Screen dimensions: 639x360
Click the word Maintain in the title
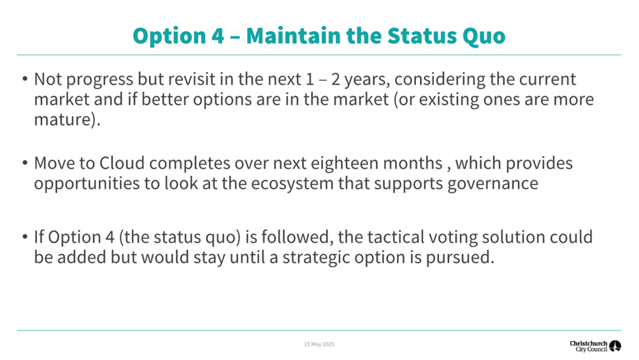[293, 36]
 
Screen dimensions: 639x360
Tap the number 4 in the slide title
[218, 36]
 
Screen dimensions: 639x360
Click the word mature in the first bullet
[64, 119]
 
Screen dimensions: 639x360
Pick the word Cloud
[122, 163]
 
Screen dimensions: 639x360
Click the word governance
[492, 184]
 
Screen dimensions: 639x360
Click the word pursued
[460, 258]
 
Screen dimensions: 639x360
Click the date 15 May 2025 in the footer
[319, 344]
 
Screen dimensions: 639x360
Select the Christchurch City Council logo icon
[615, 346]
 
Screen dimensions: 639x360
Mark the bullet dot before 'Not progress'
[25, 78]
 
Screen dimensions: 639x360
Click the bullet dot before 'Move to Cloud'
[25, 162]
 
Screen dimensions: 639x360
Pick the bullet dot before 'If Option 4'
[25, 236]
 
